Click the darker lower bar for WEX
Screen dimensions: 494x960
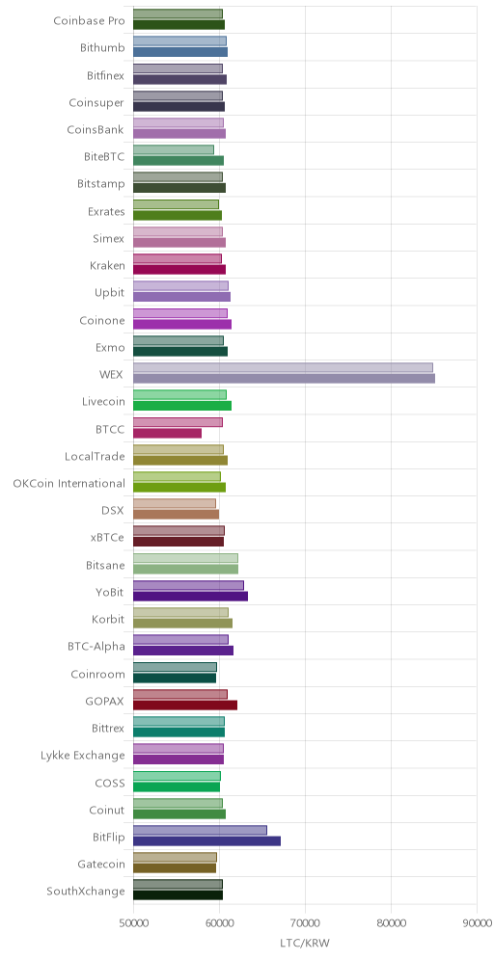[x=284, y=379]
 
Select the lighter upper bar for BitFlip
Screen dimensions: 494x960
[x=200, y=830]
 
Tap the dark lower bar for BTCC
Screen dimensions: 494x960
[x=167, y=433]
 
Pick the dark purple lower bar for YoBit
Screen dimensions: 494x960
[x=191, y=596]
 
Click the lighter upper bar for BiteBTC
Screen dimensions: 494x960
[x=174, y=149]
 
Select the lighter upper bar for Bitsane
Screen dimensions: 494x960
[x=185, y=558]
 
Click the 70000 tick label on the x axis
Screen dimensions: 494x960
[x=305, y=922]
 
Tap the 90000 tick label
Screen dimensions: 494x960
[x=477, y=922]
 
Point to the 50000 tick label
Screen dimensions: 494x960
[x=133, y=922]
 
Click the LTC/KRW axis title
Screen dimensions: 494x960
[x=305, y=943]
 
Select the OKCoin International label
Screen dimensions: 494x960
[x=69, y=483]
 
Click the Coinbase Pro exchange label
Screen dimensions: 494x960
[x=89, y=21]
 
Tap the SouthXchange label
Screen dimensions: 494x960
[x=86, y=891]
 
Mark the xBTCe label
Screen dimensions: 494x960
[x=107, y=538]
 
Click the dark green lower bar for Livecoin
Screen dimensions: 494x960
[x=182, y=406]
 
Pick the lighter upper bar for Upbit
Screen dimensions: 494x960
[x=180, y=286]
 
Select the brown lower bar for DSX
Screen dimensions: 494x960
[x=176, y=515]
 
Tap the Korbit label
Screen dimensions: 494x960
[x=108, y=619]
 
